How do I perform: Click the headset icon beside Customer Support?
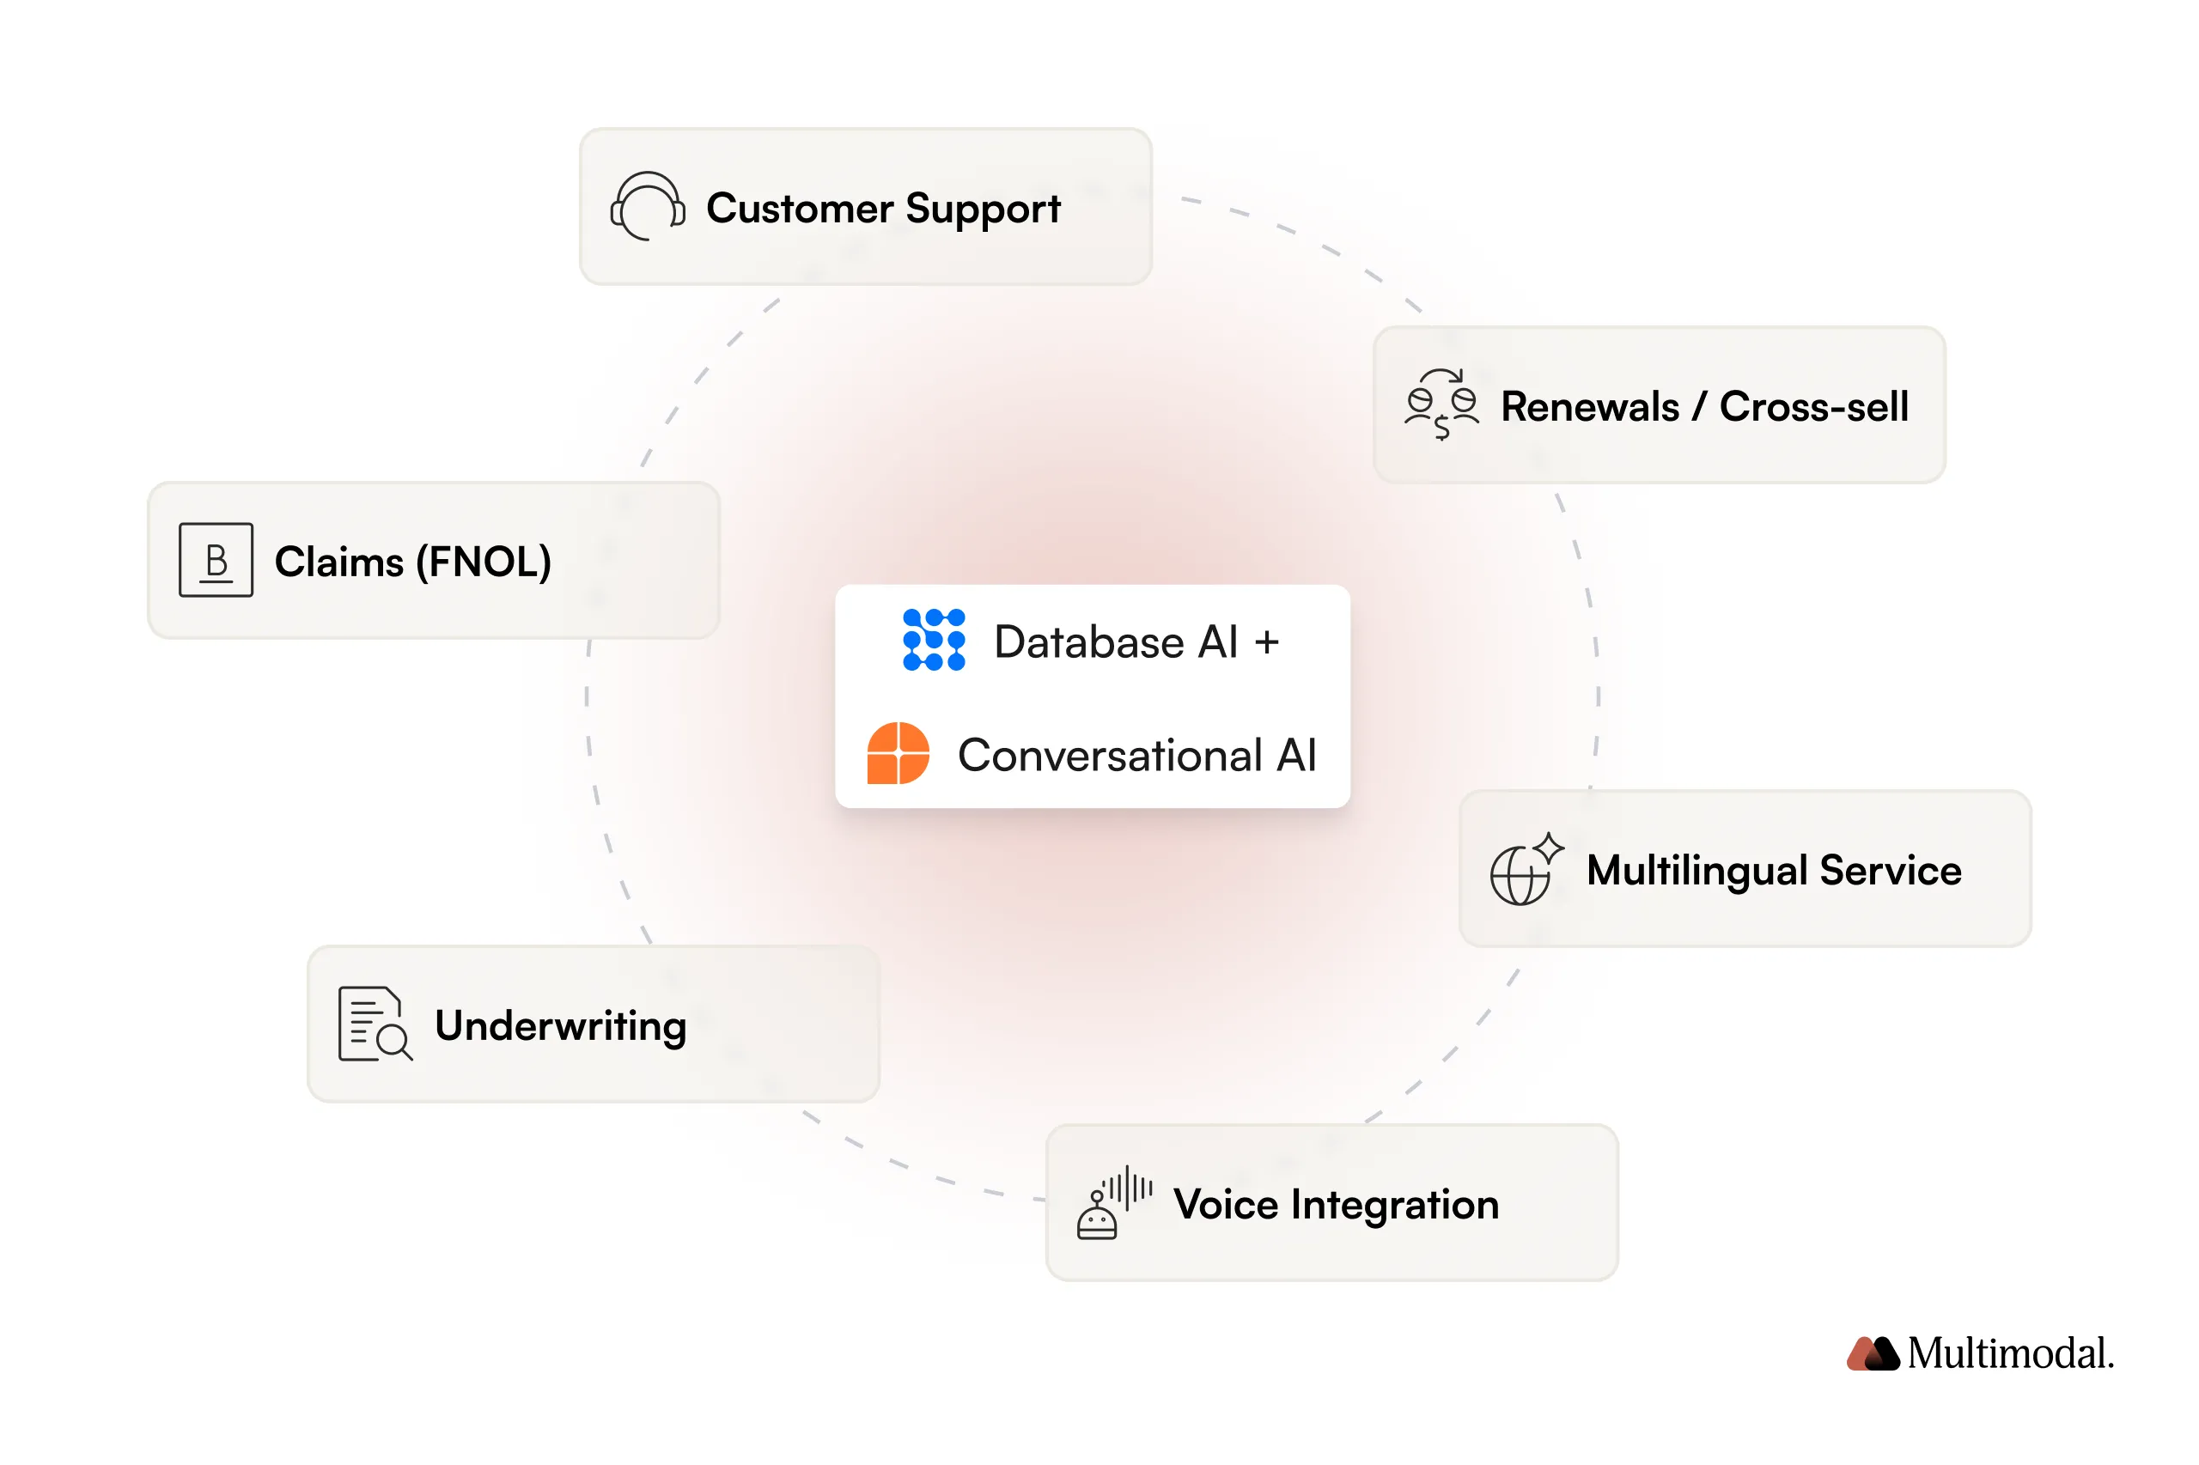point(647,205)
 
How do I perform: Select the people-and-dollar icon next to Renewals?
point(1441,404)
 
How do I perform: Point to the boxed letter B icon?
point(216,560)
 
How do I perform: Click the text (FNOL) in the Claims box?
point(482,562)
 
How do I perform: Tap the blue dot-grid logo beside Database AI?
point(933,640)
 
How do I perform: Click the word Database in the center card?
point(1088,641)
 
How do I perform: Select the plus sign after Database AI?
point(1265,641)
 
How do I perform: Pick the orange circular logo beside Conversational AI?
point(897,753)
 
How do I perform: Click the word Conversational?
point(1109,755)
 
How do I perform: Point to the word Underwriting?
point(561,1026)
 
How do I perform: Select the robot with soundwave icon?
point(1112,1202)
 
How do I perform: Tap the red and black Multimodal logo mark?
point(1872,1353)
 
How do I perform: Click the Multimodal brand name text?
point(2009,1353)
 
